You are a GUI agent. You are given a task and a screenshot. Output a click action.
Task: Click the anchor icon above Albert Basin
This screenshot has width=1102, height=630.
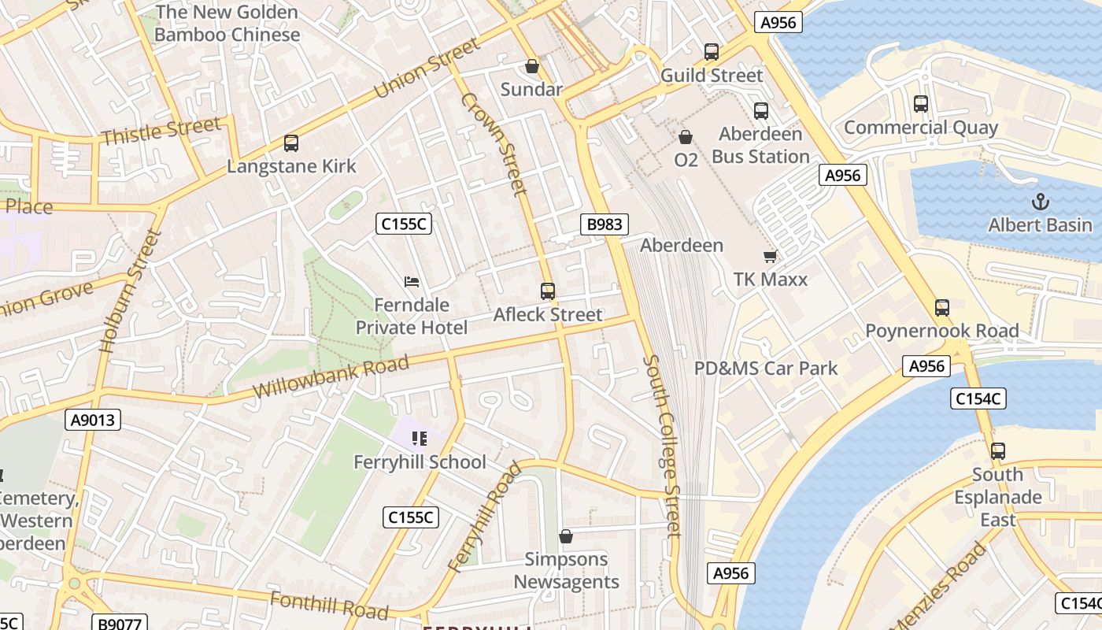click(1040, 201)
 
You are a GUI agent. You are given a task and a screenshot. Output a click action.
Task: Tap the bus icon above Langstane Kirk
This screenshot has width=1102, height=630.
click(291, 143)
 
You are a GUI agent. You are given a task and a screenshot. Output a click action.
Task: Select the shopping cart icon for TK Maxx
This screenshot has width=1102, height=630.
click(770, 256)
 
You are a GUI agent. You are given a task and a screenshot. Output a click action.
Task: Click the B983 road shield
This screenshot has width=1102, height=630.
click(605, 224)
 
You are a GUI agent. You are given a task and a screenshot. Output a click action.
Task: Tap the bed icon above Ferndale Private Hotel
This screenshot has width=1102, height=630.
click(411, 281)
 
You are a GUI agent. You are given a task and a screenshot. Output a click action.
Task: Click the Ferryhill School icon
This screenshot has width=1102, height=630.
click(419, 439)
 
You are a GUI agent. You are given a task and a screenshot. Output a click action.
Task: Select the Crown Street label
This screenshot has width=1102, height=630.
click(494, 144)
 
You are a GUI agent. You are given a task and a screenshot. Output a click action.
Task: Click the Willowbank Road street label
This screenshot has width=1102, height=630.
click(331, 376)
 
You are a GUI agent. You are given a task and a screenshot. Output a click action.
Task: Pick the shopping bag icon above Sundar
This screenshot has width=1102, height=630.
click(532, 66)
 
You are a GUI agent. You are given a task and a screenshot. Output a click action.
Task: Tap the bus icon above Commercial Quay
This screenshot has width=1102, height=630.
click(920, 103)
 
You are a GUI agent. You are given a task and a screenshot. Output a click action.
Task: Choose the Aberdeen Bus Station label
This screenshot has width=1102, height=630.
click(760, 145)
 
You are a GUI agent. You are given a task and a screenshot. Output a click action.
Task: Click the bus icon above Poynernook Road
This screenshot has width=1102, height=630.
click(941, 307)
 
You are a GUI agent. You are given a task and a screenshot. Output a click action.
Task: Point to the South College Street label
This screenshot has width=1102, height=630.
click(661, 446)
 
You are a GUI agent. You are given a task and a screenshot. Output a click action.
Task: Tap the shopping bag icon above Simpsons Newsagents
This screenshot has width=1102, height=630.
click(565, 537)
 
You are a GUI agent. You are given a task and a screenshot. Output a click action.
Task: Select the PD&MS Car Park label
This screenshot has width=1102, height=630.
click(766, 368)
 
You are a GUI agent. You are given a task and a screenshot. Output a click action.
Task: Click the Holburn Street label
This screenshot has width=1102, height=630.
click(131, 290)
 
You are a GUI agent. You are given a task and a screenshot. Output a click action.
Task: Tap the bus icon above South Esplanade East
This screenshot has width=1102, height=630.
click(997, 451)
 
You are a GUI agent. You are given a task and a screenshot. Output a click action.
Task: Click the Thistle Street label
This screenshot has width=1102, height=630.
click(161, 131)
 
